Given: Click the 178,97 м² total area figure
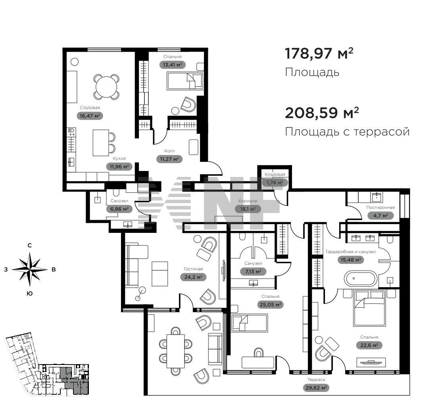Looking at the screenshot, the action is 319,53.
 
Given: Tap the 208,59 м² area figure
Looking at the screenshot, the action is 322,113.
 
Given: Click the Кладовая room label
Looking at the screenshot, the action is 275,175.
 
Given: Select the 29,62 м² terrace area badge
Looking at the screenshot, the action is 316,388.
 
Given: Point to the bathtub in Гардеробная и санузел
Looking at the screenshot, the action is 361,278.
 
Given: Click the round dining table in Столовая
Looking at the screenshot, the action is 106,86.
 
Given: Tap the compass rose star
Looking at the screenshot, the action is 30,269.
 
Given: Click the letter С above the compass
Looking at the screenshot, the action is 30,246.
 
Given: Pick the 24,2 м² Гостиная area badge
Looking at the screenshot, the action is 193,277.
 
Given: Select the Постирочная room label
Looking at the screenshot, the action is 381,207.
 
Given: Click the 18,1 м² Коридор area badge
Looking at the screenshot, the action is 248,209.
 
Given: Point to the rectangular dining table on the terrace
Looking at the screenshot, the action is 176,351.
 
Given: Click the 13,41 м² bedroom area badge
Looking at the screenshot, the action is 172,65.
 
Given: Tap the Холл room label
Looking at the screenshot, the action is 169,151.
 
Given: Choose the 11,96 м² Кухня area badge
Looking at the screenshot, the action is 119,167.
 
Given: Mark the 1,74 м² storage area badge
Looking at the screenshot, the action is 275,182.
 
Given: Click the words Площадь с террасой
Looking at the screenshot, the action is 347,132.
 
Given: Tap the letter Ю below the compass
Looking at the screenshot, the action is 30,294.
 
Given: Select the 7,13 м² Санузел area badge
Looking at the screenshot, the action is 253,271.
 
